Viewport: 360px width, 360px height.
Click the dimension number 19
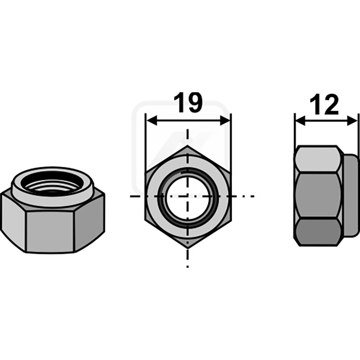tap(188, 103)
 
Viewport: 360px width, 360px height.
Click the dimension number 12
tap(324, 105)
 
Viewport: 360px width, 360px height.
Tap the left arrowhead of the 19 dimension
tap(152, 120)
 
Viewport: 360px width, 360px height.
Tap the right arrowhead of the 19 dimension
tap(225, 120)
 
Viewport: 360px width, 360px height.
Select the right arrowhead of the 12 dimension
tap(352, 121)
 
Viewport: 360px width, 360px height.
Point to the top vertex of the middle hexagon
tap(188, 145)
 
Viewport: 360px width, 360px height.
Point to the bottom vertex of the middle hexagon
tap(188, 248)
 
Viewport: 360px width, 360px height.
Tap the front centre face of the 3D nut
tap(50, 231)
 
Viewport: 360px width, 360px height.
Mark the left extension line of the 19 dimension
tap(145, 144)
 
